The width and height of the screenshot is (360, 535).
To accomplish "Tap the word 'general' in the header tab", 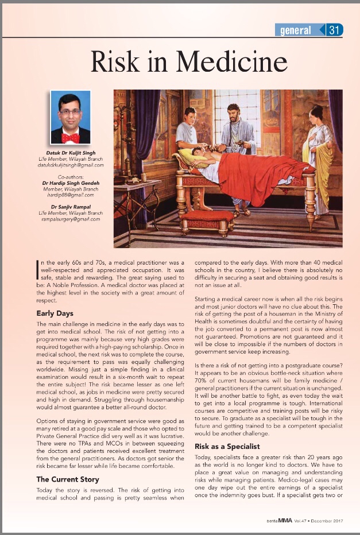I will click(296, 30).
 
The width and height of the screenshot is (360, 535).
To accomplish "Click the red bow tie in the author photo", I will click(71, 137).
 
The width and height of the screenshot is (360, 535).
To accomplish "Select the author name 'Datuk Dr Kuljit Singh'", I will click(71, 153).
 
